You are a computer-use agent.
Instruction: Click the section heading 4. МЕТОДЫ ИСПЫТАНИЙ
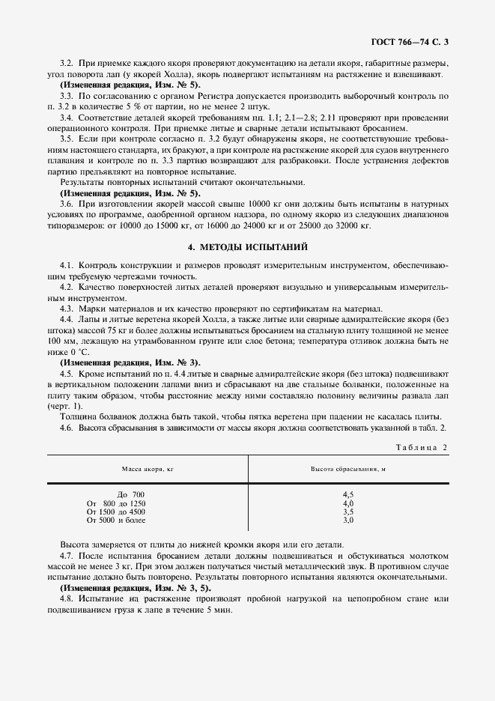[x=247, y=246]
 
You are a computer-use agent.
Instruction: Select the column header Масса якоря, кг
[x=148, y=469]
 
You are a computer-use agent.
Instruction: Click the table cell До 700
[x=131, y=495]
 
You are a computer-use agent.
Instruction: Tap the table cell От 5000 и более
[x=116, y=520]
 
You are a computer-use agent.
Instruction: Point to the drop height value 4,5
[x=347, y=495]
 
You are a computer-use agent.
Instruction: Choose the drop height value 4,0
[x=347, y=503]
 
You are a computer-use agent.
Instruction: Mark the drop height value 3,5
[x=347, y=512]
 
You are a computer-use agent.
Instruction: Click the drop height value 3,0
[x=347, y=520]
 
